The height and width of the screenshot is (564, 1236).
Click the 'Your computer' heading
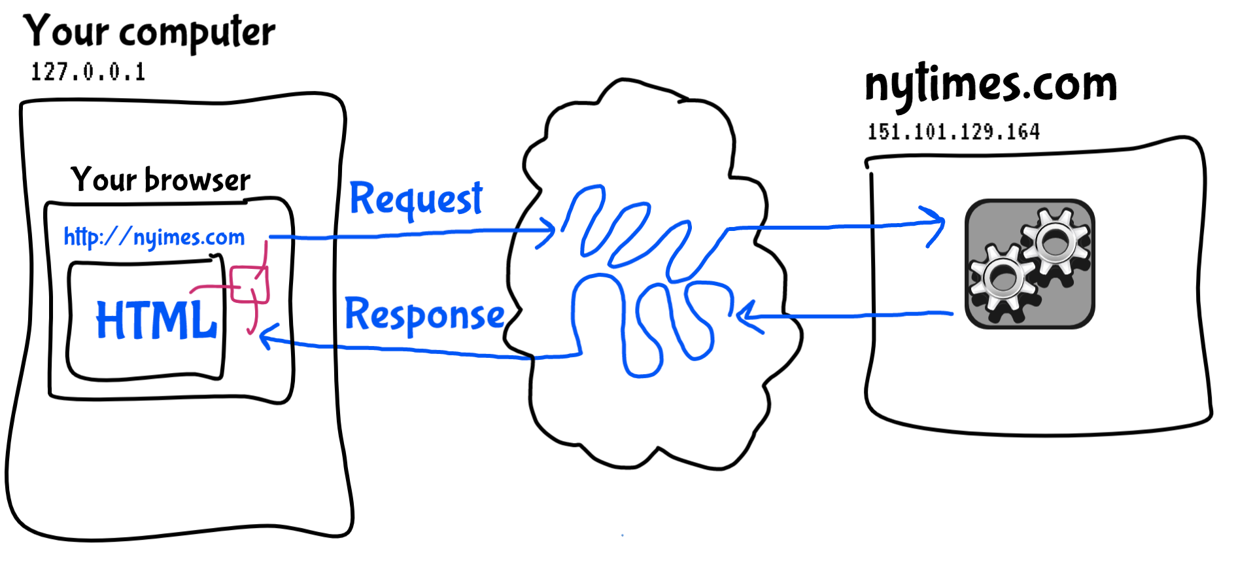pos(149,31)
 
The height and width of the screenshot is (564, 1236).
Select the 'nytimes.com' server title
pos(990,85)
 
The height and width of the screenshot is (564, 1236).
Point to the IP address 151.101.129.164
pos(953,132)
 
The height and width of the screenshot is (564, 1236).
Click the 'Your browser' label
pos(160,180)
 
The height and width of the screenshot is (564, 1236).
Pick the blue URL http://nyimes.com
pos(154,237)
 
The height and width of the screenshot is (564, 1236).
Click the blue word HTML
pos(156,320)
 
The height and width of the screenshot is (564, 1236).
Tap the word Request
pos(416,198)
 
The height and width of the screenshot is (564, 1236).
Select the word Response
pos(424,315)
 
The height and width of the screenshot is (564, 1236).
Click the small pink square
pos(249,285)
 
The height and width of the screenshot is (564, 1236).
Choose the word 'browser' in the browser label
pos(197,180)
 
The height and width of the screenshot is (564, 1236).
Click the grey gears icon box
pos(1029,264)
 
